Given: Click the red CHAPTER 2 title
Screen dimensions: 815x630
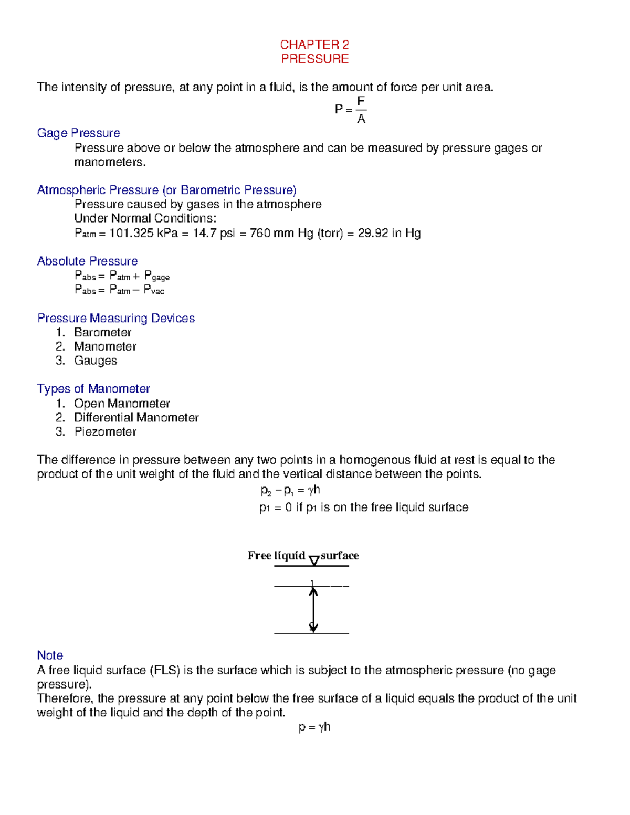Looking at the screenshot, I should (314, 45).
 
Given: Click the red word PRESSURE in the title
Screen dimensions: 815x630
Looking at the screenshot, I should (314, 59).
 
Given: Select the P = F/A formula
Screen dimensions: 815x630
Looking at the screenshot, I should (351, 109).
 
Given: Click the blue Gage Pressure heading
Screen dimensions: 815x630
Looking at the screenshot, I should (78, 133).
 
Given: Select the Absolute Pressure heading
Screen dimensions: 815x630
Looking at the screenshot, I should (87, 261).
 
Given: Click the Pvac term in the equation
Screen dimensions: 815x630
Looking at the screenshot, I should (154, 290).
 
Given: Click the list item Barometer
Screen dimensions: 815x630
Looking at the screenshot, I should (102, 333).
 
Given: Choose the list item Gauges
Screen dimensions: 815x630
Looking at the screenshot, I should (95, 361).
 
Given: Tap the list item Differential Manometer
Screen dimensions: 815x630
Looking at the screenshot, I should (136, 418).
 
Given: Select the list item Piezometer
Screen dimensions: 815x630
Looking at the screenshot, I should (105, 432).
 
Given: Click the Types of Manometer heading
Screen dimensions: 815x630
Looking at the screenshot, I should (93, 389).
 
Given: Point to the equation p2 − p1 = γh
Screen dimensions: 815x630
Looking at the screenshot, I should (290, 491).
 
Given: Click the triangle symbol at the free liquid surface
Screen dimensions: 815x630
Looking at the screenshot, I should (314, 560).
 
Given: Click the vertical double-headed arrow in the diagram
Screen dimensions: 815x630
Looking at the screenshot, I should (313, 609).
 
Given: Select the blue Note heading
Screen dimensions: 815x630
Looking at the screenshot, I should (50, 655).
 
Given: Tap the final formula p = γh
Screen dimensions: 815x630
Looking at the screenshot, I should (314, 727).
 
